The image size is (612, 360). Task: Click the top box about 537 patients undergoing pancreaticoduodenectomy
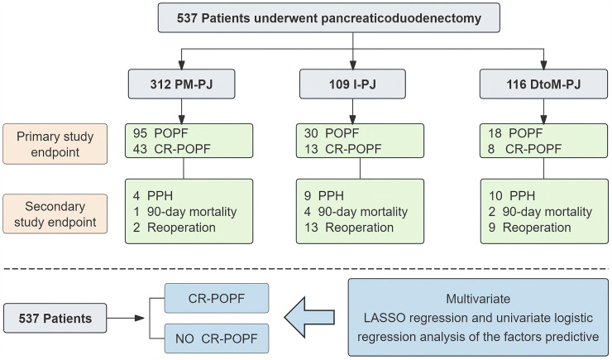[x=328, y=18]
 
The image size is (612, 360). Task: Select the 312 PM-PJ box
[x=181, y=84]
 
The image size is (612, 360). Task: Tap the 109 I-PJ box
[x=352, y=84]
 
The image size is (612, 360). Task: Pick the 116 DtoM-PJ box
[x=543, y=84]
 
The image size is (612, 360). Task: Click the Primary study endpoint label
[x=55, y=144]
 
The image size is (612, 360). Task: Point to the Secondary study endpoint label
[x=55, y=214]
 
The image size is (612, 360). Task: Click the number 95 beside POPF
[x=140, y=133]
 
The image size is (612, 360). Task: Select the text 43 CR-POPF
[x=171, y=149]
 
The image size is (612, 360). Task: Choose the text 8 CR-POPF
[x=525, y=149]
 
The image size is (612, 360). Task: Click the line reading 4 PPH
[x=153, y=195]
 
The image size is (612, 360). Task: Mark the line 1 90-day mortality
[x=184, y=212]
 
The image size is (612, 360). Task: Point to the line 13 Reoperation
[x=349, y=228]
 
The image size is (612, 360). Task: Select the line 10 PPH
[x=512, y=195]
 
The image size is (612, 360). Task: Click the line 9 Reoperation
[x=529, y=228]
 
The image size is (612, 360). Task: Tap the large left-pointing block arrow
[x=309, y=317]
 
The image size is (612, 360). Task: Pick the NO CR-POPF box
[x=217, y=338]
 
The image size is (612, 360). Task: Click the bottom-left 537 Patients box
[x=55, y=319]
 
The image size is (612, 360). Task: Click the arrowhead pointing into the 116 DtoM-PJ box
[x=543, y=65]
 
